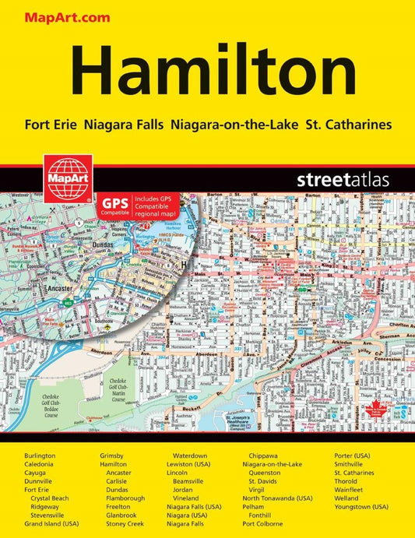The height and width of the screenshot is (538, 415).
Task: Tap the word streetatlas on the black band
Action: click(x=342, y=179)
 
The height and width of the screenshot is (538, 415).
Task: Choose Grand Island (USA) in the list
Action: click(x=51, y=524)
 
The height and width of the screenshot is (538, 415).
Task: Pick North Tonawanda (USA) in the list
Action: click(x=283, y=498)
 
